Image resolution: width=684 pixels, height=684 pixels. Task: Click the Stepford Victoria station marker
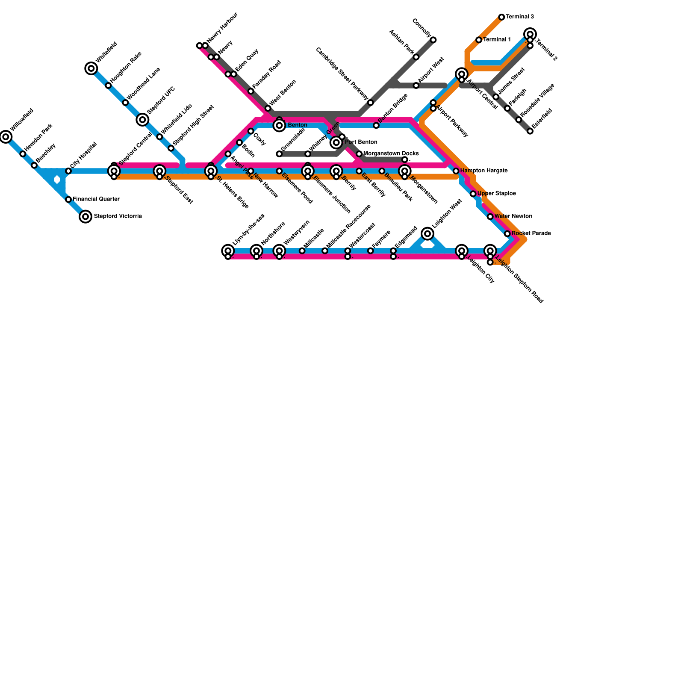point(85,217)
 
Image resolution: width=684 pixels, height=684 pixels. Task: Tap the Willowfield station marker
point(6,137)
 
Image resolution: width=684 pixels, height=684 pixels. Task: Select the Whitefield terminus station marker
point(91,68)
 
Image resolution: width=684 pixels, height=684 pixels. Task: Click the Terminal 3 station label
point(520,17)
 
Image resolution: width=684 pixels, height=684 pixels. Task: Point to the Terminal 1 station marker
point(479,40)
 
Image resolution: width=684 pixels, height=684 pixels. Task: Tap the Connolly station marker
point(433,40)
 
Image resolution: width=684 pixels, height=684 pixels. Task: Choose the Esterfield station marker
point(530,131)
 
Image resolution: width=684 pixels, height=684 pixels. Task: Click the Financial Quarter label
point(96,199)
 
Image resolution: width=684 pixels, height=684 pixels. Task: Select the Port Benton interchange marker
point(336,142)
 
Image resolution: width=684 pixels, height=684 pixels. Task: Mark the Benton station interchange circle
point(279,125)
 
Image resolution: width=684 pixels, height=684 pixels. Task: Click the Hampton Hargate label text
point(484,171)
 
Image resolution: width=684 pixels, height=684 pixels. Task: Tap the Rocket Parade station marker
point(507,234)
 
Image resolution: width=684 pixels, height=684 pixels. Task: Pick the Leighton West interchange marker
point(427,233)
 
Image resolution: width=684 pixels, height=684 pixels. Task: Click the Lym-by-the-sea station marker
point(228,251)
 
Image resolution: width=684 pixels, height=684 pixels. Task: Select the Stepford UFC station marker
point(142,120)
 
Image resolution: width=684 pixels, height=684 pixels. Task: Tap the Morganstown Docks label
point(391,153)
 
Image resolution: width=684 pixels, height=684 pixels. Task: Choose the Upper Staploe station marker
point(473,194)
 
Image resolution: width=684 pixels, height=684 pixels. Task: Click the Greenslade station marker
point(279,154)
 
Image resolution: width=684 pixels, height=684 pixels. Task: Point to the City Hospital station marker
point(68,171)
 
